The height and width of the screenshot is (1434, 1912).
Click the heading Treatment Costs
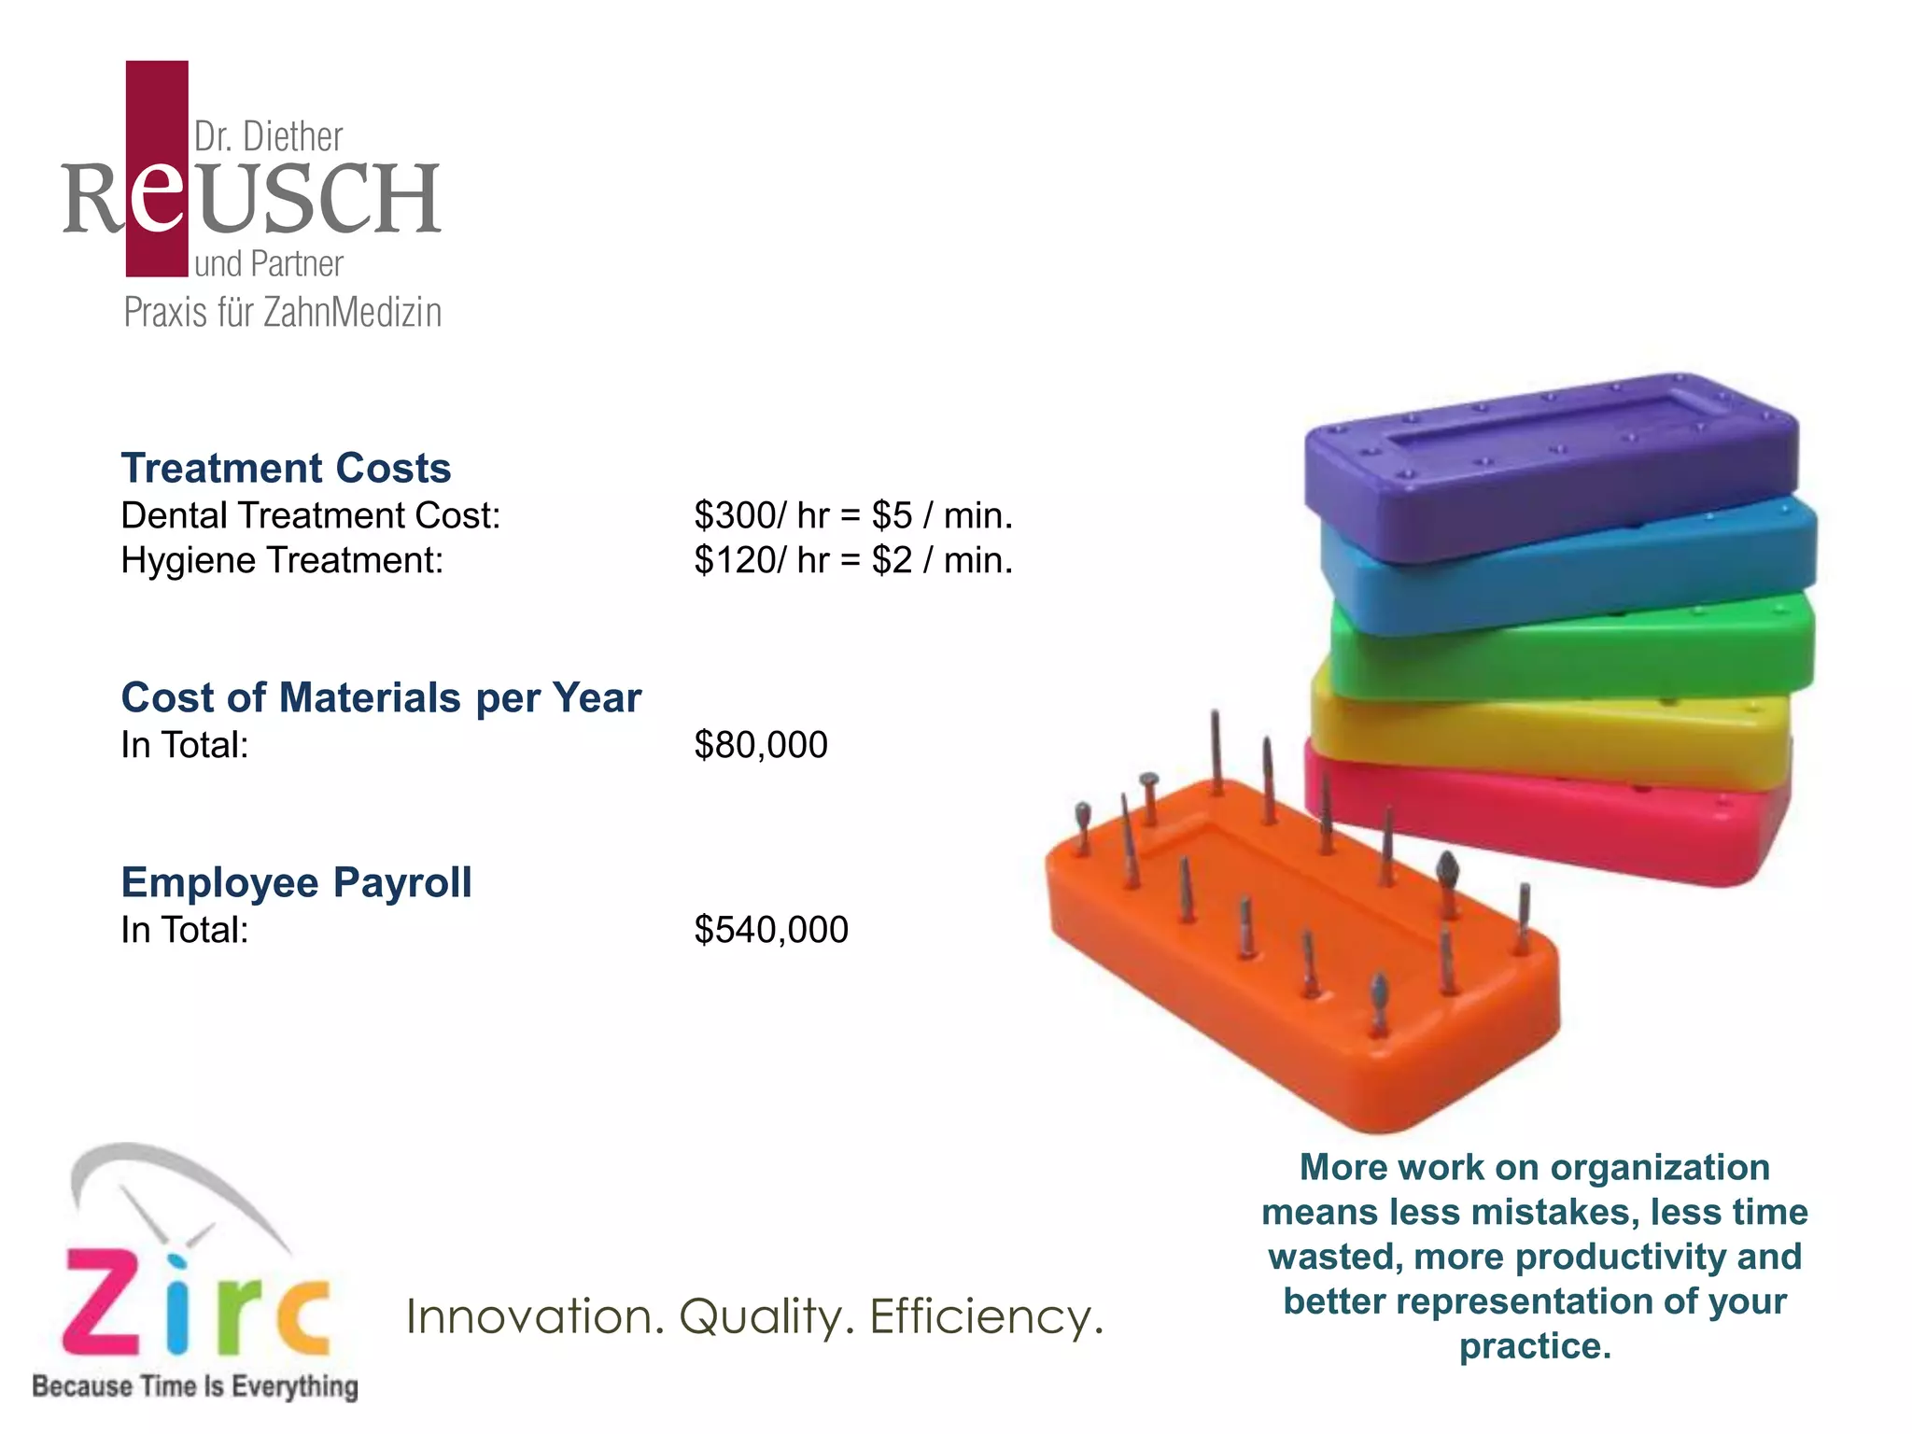(x=286, y=468)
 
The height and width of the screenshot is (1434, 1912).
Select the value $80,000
(x=760, y=745)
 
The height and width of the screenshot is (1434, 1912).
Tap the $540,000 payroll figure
(x=770, y=930)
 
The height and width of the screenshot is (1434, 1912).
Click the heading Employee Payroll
(x=296, y=882)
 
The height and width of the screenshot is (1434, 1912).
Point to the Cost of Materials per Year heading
(x=381, y=697)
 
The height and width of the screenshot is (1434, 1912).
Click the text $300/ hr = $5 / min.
(x=852, y=515)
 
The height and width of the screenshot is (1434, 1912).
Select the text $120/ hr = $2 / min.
(x=852, y=560)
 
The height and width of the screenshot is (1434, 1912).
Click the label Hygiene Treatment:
(x=282, y=560)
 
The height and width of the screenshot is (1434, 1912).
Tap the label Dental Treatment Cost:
(x=310, y=515)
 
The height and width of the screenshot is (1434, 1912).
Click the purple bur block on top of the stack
(x=1550, y=467)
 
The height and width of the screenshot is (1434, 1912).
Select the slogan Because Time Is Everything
(x=195, y=1386)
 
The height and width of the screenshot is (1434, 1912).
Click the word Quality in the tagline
(x=760, y=1317)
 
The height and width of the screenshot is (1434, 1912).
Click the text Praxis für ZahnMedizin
(x=282, y=313)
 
